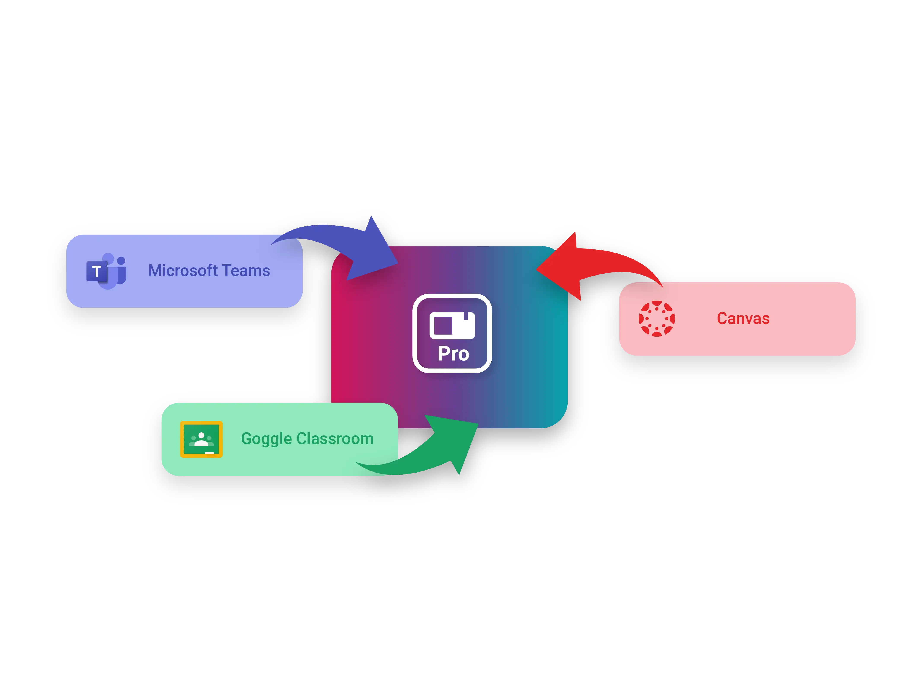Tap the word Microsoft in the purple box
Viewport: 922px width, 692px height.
(183, 271)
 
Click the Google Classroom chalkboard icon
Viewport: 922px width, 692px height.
(201, 439)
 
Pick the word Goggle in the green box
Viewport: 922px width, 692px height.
(266, 439)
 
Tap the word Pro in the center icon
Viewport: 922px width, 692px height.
(454, 354)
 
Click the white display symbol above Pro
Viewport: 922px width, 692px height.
(452, 325)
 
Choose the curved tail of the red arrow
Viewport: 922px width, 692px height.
(634, 263)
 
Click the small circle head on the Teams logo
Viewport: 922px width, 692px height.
(121, 261)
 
